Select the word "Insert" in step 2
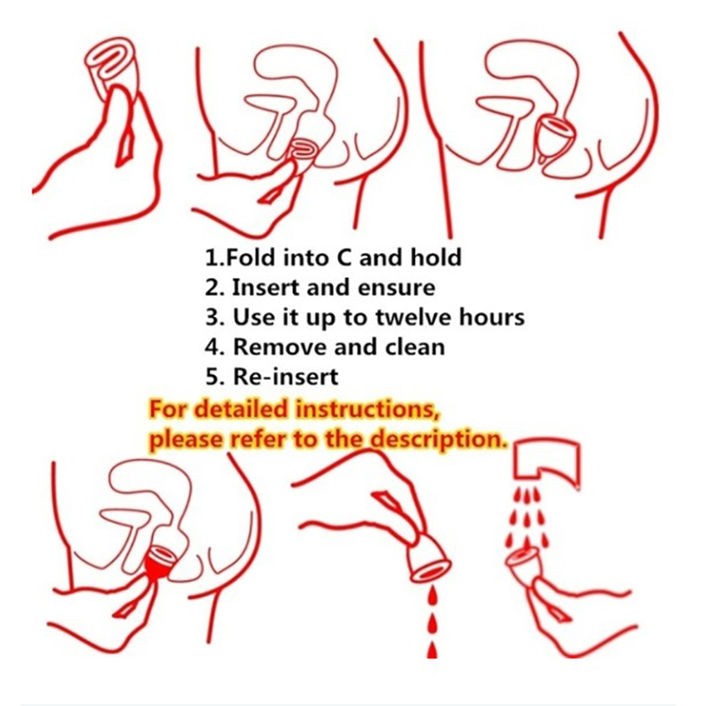tap(267, 288)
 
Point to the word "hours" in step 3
tap(492, 317)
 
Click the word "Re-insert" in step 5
tap(285, 377)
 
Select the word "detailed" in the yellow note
tap(243, 409)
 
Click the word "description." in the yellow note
tap(436, 439)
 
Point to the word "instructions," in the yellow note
tap(367, 409)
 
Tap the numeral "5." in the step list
tap(214, 377)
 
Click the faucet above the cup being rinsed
tap(546, 461)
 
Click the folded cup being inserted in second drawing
tap(303, 151)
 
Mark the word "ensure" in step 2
tap(402, 288)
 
